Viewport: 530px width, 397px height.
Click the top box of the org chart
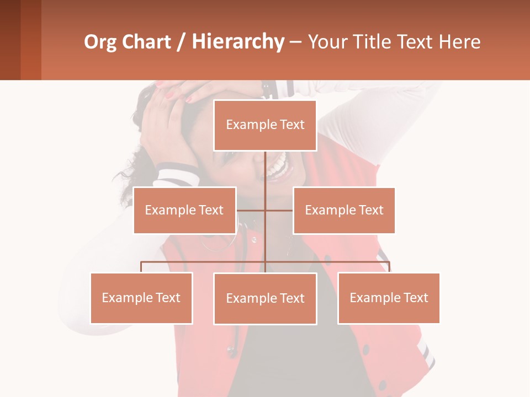(265, 125)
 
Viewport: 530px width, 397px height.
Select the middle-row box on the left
(184, 210)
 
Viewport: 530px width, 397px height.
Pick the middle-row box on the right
(344, 210)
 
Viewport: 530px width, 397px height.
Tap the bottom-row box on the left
(141, 298)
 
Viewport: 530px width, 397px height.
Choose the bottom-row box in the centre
(265, 298)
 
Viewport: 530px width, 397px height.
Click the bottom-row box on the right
(389, 298)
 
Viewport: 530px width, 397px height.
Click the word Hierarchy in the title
(237, 42)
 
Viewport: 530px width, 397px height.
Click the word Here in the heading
(459, 42)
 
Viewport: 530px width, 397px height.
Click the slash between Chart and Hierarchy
(181, 42)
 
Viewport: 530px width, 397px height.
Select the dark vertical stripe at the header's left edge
(10, 40)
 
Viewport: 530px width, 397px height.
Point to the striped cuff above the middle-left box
(178, 175)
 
